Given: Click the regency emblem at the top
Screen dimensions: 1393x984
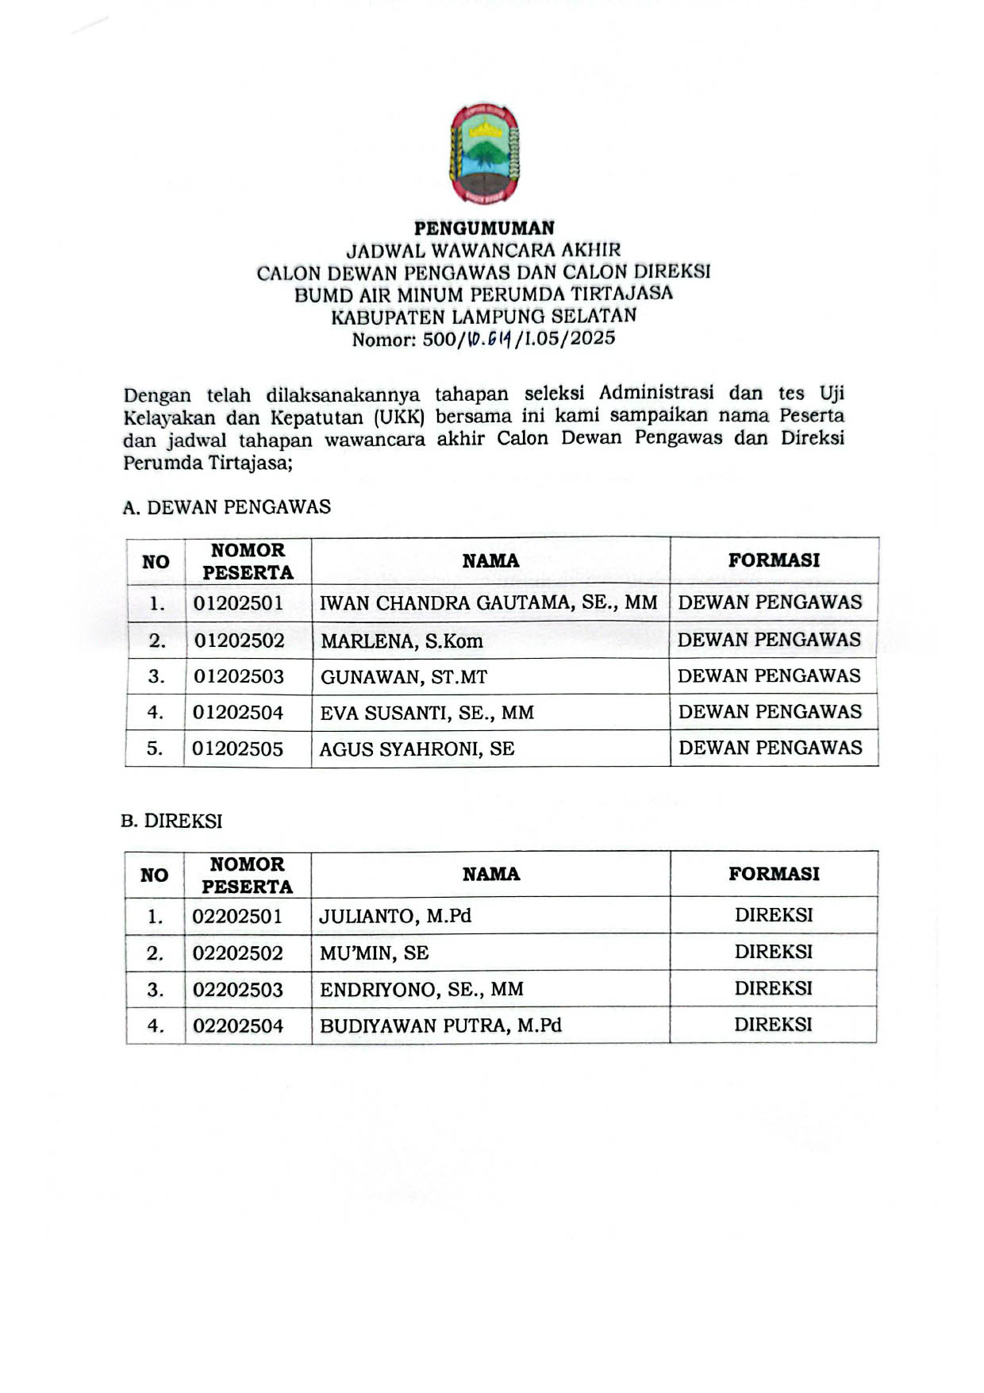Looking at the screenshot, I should tap(484, 155).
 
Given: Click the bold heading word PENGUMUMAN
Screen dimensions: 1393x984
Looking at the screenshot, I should tap(484, 229).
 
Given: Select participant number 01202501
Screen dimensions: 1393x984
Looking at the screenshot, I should tap(238, 603).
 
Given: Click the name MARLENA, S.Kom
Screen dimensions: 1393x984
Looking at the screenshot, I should tap(402, 641).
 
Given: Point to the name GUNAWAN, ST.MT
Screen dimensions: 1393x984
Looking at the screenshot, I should tap(404, 678).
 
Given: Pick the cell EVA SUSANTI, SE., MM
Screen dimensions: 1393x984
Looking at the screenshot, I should tap(427, 714).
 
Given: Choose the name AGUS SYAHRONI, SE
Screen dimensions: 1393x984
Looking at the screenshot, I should tap(417, 749).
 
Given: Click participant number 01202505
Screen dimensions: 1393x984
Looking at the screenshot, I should tap(238, 749).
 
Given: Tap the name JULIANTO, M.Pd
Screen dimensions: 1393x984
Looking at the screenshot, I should tap(395, 917).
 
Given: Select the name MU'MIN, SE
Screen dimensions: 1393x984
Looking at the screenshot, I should tap(374, 953).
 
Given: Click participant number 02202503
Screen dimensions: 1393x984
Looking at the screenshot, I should tap(238, 990).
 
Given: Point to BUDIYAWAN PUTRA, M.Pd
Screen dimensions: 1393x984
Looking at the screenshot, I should tap(440, 1026).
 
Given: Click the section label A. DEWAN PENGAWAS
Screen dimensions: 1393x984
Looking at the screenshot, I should tap(227, 507).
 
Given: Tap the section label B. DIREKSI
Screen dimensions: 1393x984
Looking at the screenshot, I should tap(171, 822).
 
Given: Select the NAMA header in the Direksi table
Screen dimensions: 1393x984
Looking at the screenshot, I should tap(491, 875).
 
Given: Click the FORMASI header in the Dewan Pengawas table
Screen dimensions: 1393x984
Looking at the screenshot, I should tap(774, 560).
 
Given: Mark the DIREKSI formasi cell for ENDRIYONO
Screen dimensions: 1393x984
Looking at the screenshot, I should tap(773, 989).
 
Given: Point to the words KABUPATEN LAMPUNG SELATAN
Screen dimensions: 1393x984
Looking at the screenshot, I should tap(484, 317).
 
